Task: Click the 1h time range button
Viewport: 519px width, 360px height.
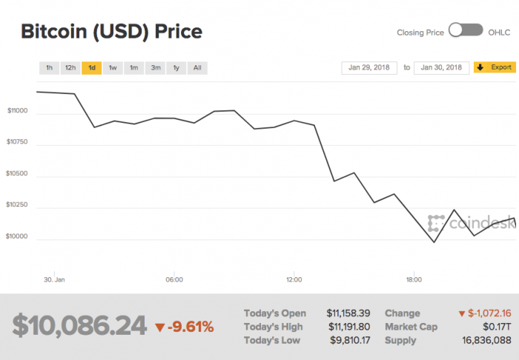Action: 49,68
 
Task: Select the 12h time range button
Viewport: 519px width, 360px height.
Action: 70,68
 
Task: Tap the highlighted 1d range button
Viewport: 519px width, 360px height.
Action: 91,68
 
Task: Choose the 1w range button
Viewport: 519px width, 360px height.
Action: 113,68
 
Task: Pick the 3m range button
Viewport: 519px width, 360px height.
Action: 156,68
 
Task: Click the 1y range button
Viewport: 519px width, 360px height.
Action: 176,68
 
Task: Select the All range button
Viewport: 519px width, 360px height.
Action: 197,68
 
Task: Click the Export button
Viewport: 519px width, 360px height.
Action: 494,67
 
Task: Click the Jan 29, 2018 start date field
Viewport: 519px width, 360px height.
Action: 368,67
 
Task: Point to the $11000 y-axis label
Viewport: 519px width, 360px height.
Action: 17,111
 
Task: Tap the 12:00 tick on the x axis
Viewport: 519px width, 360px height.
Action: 294,280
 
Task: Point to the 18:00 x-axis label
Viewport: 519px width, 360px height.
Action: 414,280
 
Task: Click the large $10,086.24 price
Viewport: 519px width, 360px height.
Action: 79,326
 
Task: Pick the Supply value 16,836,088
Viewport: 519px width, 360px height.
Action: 486,340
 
